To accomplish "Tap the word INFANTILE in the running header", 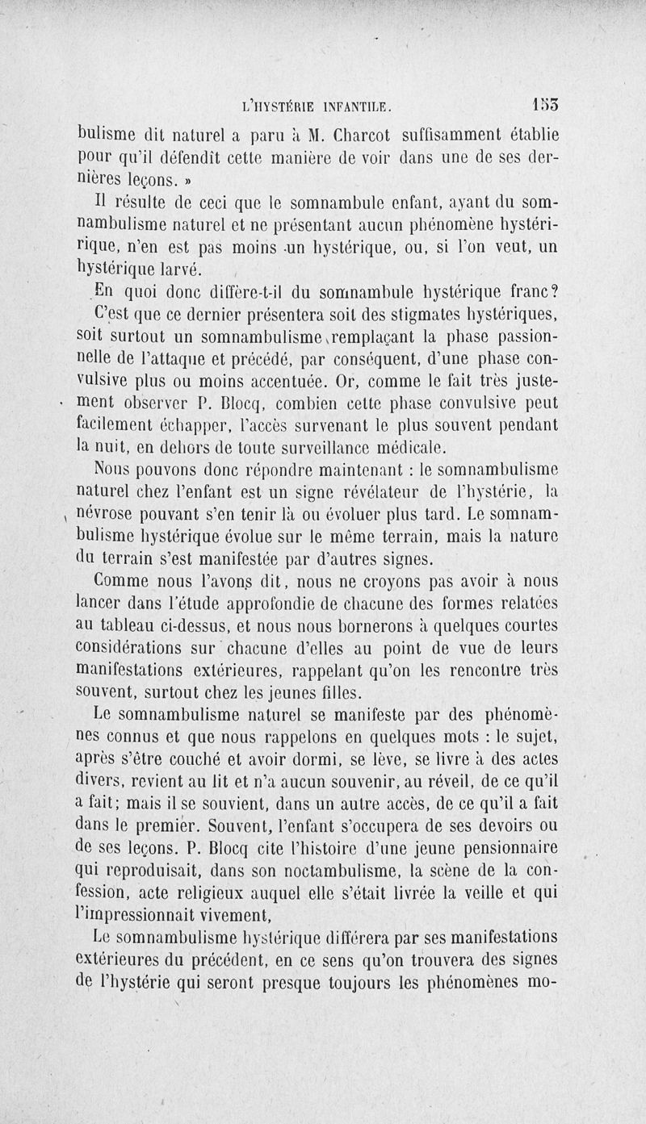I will [346, 105].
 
